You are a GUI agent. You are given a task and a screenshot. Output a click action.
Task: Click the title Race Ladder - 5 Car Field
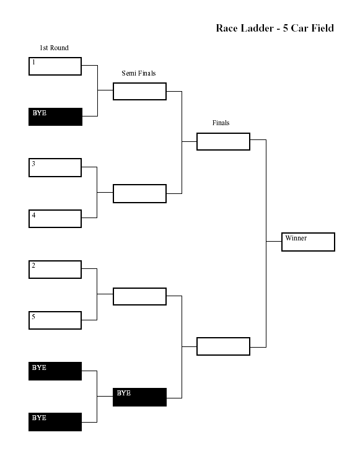tap(274, 29)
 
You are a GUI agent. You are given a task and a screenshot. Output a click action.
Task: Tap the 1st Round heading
tap(54, 48)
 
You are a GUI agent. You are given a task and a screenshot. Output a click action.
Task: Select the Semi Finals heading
tap(139, 73)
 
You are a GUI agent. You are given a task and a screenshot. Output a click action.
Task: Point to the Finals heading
tap(221, 123)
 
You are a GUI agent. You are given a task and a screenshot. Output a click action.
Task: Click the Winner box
tap(309, 242)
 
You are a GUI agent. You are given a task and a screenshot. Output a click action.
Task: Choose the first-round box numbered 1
tap(55, 66)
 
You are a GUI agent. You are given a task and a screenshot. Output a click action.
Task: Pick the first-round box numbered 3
tap(55, 167)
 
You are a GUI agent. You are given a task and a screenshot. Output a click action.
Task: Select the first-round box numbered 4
tap(55, 219)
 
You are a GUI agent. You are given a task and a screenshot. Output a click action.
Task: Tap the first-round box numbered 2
tap(55, 270)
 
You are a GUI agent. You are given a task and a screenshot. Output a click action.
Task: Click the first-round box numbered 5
tap(55, 320)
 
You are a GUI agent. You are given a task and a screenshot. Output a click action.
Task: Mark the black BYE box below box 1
tap(55, 116)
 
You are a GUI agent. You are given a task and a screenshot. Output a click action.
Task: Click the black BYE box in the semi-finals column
tap(139, 397)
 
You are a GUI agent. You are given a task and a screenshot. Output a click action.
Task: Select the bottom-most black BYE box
tap(55, 422)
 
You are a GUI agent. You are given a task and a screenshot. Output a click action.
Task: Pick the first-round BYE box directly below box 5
tap(55, 371)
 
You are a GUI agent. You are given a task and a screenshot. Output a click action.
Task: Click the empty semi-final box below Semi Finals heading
tap(139, 92)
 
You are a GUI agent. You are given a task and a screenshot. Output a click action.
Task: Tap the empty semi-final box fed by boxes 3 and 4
tap(139, 194)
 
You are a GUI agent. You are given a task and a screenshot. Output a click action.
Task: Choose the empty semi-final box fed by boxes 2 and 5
tap(139, 297)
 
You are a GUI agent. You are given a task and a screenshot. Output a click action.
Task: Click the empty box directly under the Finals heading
tap(223, 142)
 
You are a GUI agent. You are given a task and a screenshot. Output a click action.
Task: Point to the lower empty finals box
tap(223, 346)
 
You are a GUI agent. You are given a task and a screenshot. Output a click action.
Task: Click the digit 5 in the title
tap(286, 29)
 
